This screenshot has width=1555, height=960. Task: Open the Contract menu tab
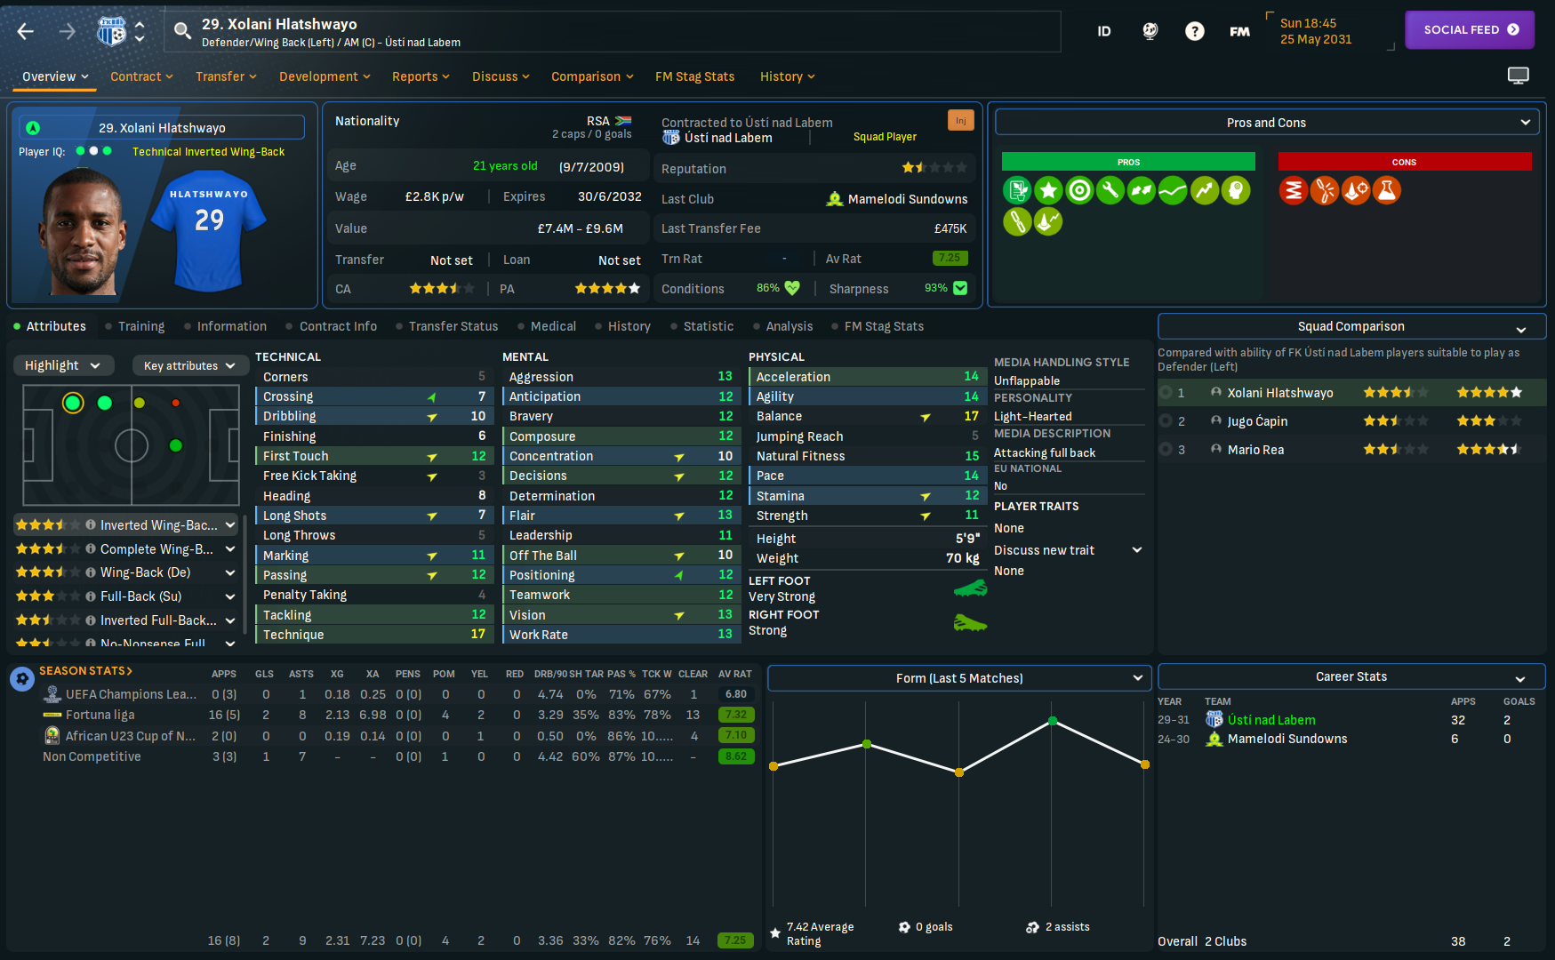[x=141, y=76]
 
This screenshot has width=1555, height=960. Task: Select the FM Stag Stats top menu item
[x=694, y=76]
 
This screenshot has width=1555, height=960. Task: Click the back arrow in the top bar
[x=26, y=32]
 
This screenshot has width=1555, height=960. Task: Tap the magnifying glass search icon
[x=182, y=32]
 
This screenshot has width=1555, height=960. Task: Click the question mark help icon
[x=1194, y=32]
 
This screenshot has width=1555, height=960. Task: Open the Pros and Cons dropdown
[x=1267, y=123]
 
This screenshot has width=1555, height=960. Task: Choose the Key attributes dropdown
[x=189, y=365]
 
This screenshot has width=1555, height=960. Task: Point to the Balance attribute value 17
[x=971, y=416]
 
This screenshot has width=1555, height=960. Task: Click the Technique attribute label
[x=293, y=635]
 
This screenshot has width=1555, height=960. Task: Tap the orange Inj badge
[x=960, y=121]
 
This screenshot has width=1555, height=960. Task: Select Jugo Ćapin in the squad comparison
[x=1257, y=421]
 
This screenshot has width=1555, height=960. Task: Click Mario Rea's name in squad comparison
[x=1255, y=450]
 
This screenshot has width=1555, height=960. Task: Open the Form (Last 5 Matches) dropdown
[x=959, y=678]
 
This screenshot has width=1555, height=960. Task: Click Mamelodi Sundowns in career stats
[x=1286, y=739]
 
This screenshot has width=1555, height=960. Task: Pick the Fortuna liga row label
[x=100, y=715]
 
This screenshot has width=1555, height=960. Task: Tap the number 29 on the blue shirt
[x=210, y=220]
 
